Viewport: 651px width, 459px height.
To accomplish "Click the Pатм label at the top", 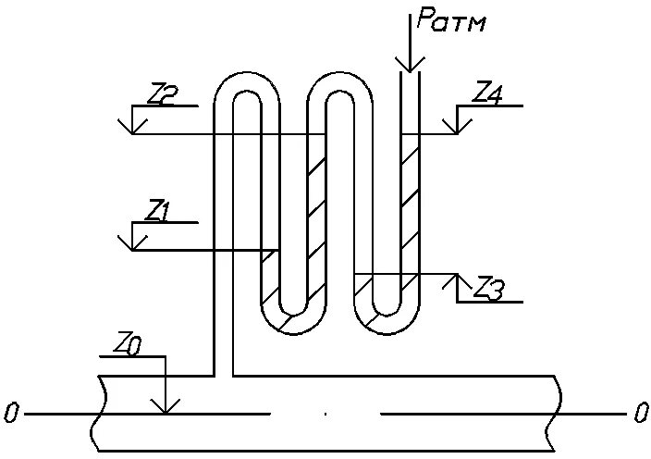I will tap(450, 20).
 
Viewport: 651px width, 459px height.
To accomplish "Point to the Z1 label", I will tap(158, 210).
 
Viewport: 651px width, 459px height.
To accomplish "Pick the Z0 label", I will tap(129, 343).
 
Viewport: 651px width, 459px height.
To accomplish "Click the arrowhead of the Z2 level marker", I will tap(132, 128).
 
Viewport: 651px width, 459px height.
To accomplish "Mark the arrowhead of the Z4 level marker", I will tap(457, 128).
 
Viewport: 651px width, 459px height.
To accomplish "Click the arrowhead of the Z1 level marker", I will tap(132, 244).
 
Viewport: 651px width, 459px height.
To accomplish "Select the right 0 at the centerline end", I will tap(641, 414).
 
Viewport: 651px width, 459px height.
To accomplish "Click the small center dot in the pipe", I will tap(325, 415).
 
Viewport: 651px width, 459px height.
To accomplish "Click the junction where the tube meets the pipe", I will tap(225, 375).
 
